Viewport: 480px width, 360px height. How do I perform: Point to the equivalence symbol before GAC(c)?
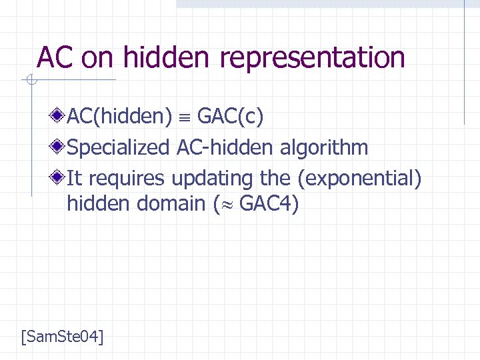click(x=185, y=118)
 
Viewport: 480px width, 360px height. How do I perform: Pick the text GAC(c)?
click(x=231, y=117)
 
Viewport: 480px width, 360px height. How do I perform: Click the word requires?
click(x=127, y=178)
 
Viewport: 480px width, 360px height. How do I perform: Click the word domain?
click(x=171, y=203)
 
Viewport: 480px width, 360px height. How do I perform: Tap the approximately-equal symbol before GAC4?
click(x=225, y=205)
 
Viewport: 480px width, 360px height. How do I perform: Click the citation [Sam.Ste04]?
click(x=62, y=336)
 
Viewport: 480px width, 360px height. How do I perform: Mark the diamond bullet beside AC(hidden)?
click(x=60, y=117)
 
